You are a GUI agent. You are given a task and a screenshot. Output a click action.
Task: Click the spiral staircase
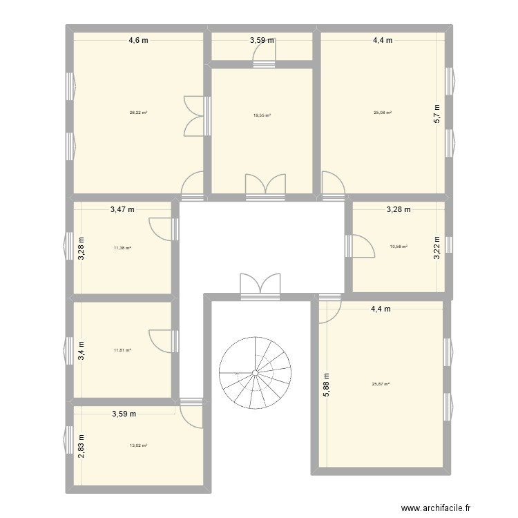[255, 373]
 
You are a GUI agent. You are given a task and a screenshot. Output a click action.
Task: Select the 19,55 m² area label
[262, 116]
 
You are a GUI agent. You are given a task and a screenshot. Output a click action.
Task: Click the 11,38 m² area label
[122, 248]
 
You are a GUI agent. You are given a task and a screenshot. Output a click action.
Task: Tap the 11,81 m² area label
[122, 350]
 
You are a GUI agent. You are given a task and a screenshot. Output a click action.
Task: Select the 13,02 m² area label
[138, 445]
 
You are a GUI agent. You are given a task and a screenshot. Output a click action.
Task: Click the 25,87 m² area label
[382, 385]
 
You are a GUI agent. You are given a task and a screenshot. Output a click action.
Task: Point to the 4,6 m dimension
[138, 40]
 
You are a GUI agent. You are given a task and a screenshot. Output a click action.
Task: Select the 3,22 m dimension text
[436, 247]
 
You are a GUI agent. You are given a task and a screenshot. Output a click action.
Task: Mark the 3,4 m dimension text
[81, 350]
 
